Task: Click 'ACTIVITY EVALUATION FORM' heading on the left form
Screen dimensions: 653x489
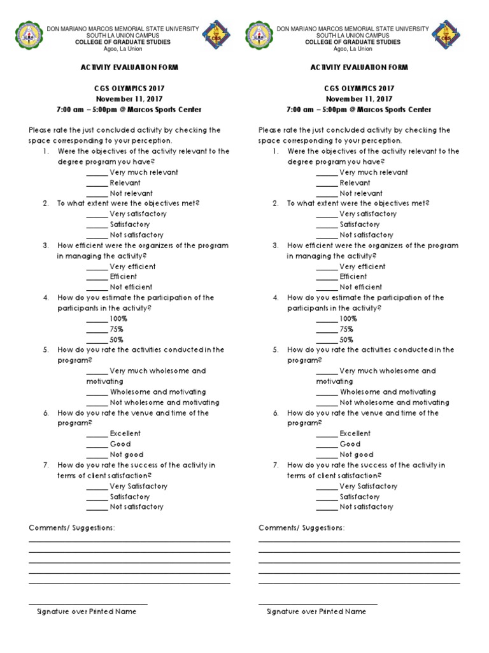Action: (x=129, y=68)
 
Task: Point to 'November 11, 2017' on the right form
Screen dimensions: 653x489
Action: (x=359, y=99)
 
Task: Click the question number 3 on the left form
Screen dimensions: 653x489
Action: (x=46, y=246)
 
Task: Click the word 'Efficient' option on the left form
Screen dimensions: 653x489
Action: (x=123, y=277)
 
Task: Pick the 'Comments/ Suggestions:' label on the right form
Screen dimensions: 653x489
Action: (x=302, y=529)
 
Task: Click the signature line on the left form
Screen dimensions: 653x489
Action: (x=88, y=604)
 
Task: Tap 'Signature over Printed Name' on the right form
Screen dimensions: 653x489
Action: (x=316, y=612)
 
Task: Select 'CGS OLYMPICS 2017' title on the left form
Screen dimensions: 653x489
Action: (x=129, y=89)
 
